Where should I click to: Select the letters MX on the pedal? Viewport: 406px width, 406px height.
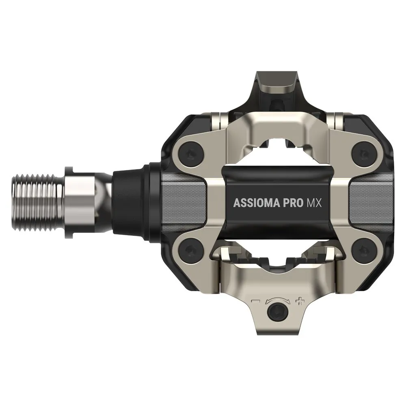pos(313,203)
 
